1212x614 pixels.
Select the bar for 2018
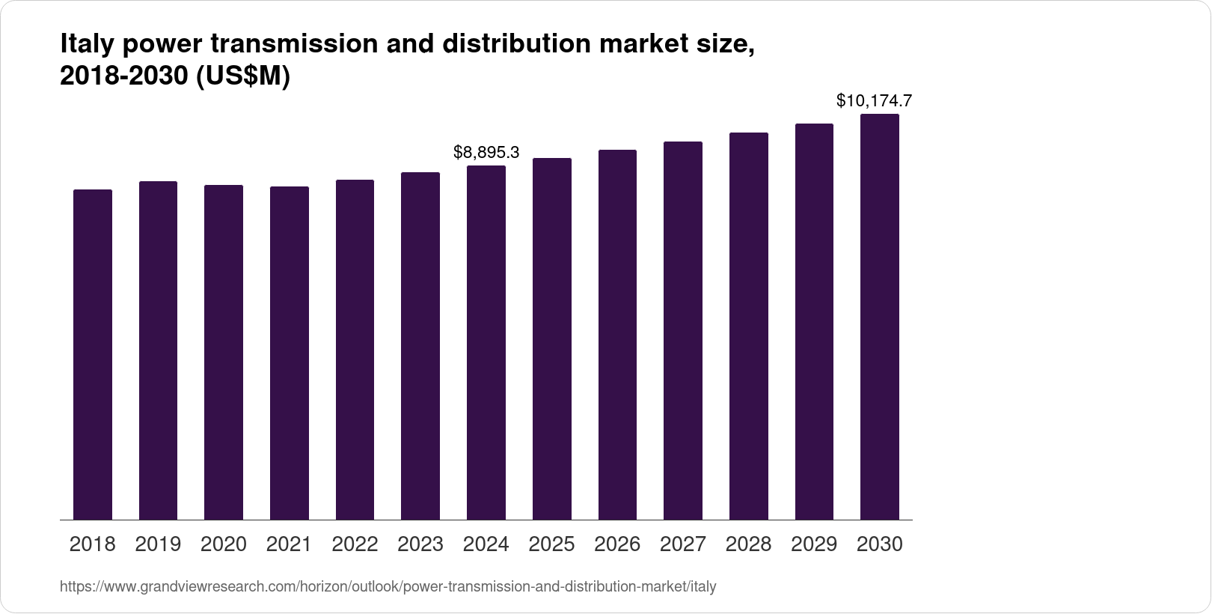tap(93, 355)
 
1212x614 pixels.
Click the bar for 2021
tap(290, 353)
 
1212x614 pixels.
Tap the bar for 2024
tap(486, 343)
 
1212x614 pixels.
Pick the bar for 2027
tap(683, 331)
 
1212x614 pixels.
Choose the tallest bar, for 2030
tap(880, 317)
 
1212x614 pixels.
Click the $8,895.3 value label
tap(486, 153)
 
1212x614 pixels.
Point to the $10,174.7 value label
tap(874, 100)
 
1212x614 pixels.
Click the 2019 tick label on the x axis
tap(158, 544)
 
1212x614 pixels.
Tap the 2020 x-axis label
tap(224, 544)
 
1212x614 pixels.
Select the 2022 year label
tap(355, 544)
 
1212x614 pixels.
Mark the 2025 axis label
tap(551, 544)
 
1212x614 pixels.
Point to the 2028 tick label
tap(748, 544)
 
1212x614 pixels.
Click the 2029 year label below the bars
tap(814, 544)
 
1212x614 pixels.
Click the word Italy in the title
tap(85, 45)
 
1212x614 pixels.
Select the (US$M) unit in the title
tap(242, 76)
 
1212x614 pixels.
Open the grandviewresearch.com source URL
tap(388, 587)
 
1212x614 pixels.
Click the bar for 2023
tap(420, 346)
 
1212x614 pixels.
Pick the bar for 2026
tap(617, 335)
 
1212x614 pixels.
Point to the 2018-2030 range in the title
tap(124, 76)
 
